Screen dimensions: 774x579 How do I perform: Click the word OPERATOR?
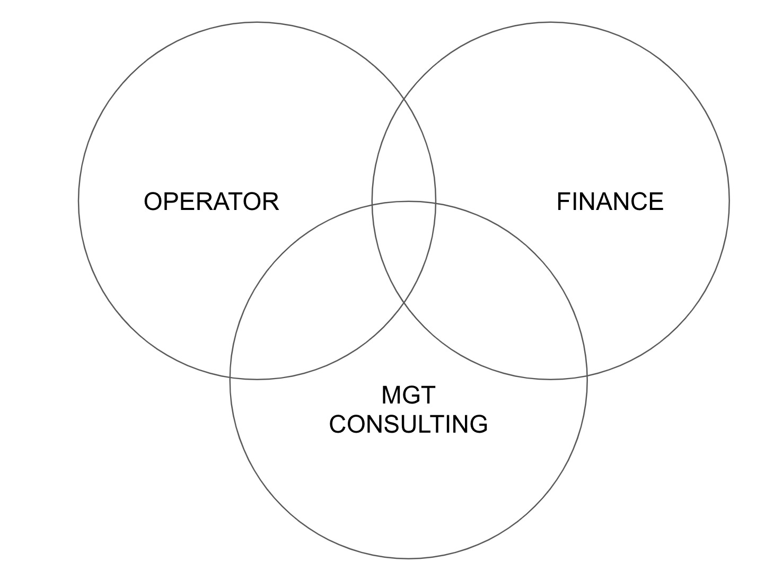coord(211,201)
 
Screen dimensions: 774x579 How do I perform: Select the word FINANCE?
coord(610,201)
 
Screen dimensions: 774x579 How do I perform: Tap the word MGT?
coord(408,395)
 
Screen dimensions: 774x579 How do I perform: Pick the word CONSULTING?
coord(408,424)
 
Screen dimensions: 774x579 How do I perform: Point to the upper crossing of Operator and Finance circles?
coord(404,99)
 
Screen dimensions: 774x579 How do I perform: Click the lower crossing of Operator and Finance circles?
coord(404,303)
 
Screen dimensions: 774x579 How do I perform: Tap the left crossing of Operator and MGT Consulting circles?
coord(230,377)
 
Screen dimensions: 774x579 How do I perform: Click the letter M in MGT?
coord(391,395)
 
